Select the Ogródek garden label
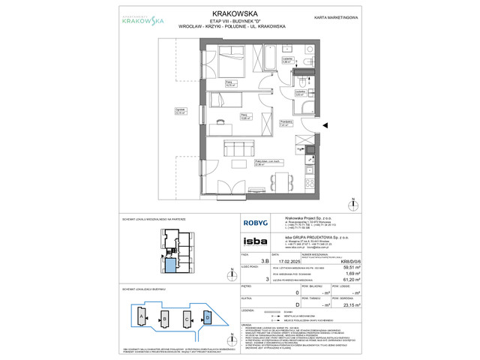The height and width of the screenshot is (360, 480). pyautogui.click(x=179, y=111)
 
